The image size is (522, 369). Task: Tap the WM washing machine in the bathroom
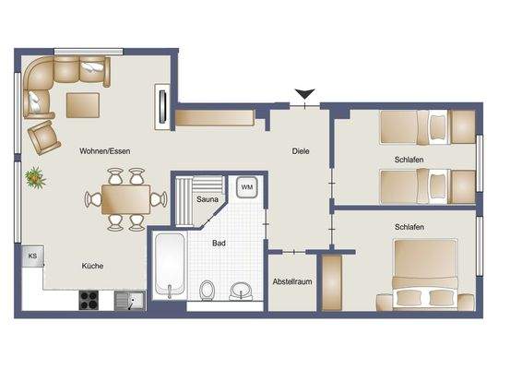[246, 186]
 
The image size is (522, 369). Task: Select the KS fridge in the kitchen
[31, 256]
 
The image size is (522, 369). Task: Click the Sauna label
[208, 199]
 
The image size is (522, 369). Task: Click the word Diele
[301, 151]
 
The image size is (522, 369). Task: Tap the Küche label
[92, 266]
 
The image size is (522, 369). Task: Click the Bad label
[219, 244]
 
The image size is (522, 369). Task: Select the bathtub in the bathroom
[169, 268]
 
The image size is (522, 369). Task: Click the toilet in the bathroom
[208, 291]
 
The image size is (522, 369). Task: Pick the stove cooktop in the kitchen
[89, 299]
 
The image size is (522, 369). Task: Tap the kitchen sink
[127, 299]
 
